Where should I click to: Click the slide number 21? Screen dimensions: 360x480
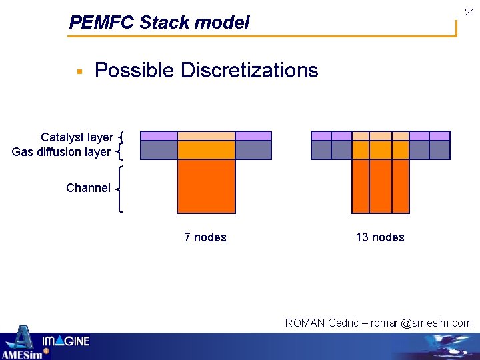coord(469,12)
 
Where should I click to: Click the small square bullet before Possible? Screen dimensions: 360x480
coord(79,71)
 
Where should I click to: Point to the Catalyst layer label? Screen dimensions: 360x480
coord(76,137)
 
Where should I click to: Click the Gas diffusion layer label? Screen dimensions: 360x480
coord(61,152)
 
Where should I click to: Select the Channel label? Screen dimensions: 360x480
coord(88,188)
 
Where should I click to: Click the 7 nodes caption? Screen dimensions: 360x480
coord(205,237)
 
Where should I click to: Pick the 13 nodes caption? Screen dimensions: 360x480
coord(380,237)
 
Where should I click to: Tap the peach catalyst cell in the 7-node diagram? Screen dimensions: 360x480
coord(206,136)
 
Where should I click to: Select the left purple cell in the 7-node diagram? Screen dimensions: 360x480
coord(159,136)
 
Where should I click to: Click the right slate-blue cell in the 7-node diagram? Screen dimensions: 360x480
coord(253,150)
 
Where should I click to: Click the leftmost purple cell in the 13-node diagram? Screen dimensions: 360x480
coord(321,136)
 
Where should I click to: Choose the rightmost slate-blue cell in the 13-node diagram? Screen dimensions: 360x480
coord(440,150)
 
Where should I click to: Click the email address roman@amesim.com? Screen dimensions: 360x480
coord(421,323)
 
